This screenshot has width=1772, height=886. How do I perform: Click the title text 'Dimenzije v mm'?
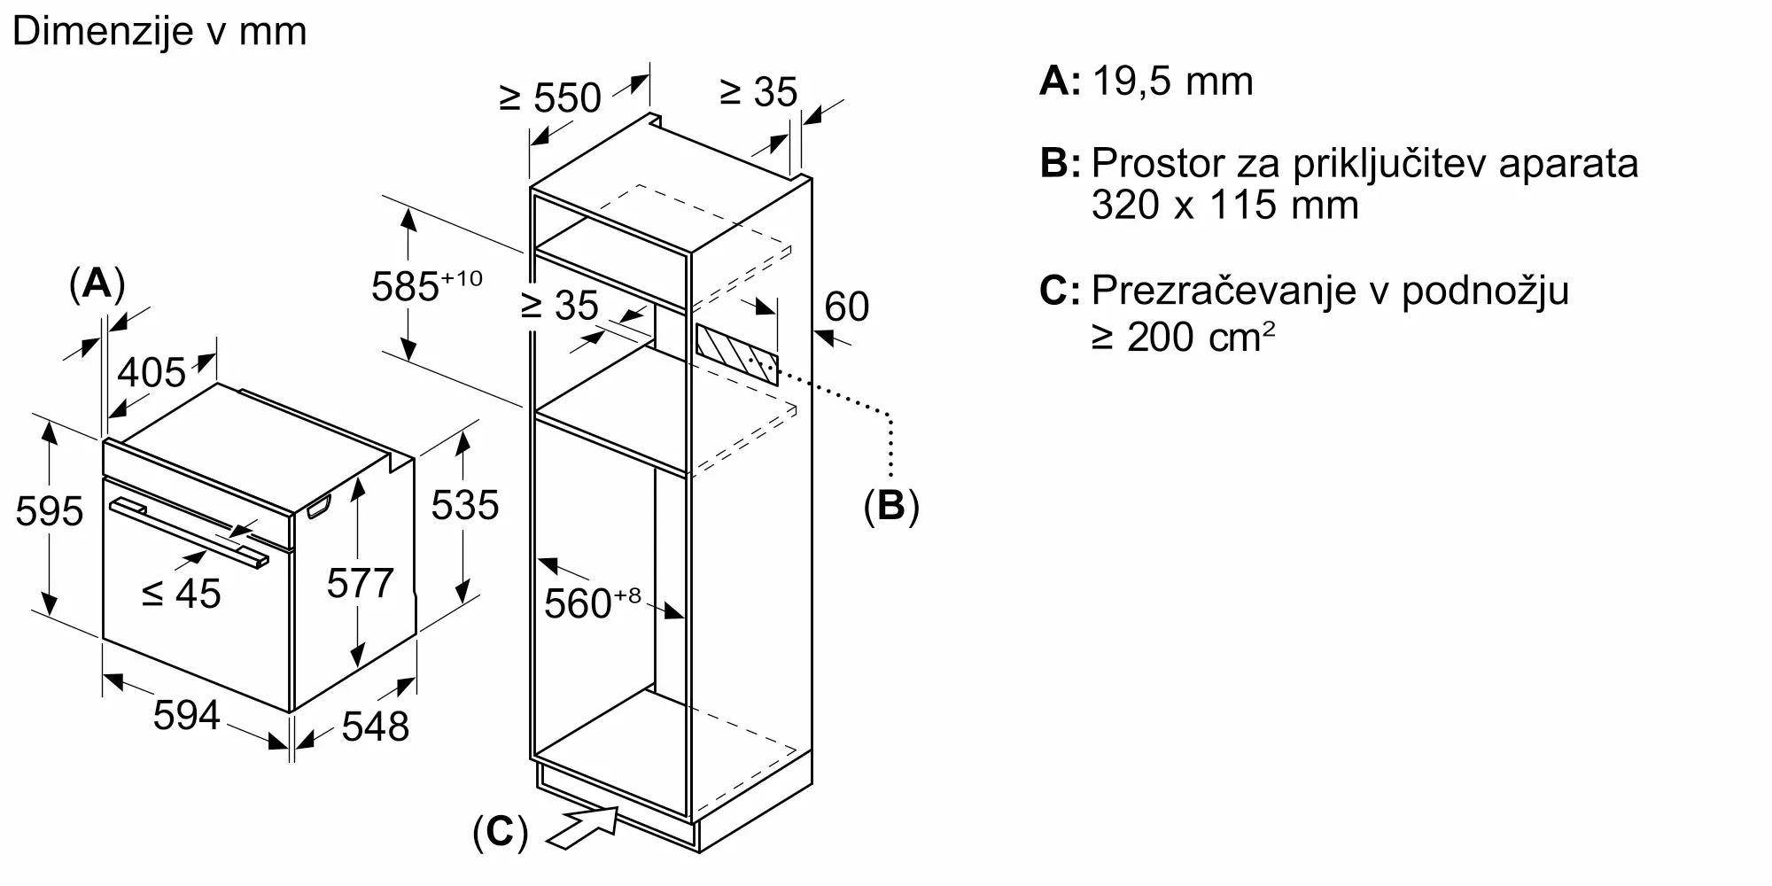(159, 31)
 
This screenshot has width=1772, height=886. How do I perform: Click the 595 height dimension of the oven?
(50, 511)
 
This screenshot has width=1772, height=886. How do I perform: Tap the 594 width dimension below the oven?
(186, 714)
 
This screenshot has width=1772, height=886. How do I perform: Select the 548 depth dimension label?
(376, 727)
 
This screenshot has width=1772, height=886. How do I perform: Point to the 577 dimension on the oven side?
(360, 583)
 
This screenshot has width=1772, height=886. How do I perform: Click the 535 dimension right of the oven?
(465, 505)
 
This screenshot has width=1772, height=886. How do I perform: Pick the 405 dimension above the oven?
(152, 372)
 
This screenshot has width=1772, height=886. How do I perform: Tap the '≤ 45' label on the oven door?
(182, 594)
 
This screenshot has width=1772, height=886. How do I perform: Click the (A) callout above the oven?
(97, 284)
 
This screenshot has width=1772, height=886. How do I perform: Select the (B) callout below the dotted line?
(891, 505)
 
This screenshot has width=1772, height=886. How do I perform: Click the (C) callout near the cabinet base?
(501, 833)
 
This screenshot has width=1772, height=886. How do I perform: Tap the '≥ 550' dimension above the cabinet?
(550, 97)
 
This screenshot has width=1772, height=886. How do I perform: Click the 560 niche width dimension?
(592, 602)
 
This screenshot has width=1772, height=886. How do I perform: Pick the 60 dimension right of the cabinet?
(847, 307)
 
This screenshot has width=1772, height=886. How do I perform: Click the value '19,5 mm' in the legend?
(1173, 82)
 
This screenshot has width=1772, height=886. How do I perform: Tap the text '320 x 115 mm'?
(1225, 205)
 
